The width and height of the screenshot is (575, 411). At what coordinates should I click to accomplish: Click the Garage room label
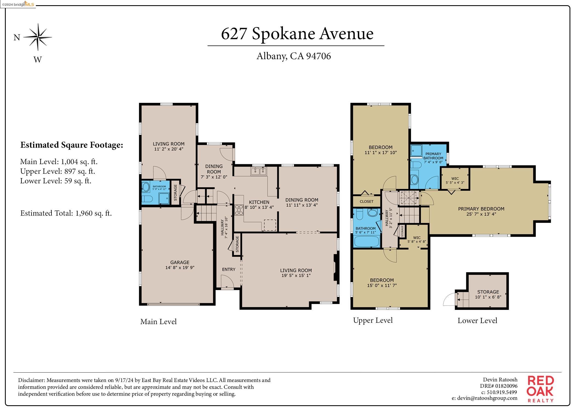pos(180,265)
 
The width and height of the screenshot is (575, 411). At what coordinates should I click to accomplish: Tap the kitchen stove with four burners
pos(239,210)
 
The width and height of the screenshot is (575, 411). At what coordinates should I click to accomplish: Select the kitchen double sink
pos(258,172)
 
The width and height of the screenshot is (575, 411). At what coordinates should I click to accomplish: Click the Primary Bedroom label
pos(481,211)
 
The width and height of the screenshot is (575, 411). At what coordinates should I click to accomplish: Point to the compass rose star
pos(38,37)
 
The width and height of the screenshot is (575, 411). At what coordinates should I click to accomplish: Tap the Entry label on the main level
pos(229,269)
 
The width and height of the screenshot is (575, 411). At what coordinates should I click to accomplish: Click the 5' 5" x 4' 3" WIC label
pos(455,181)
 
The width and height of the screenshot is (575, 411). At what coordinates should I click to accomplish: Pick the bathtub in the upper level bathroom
pos(367,241)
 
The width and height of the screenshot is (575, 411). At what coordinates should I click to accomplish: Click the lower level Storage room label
pos(488,294)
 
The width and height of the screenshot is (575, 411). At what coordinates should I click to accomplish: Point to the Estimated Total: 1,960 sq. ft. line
pos(66,213)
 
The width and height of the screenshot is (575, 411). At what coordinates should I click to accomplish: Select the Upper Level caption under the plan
pos(373,320)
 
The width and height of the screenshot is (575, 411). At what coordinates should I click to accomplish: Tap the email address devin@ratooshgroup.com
pos(484,398)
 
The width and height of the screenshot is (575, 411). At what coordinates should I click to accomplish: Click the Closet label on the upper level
pos(366,201)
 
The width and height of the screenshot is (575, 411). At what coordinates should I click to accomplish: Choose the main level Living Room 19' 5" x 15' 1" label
pos(296,273)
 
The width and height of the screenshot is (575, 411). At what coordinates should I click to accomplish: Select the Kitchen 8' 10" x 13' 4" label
pos(259,205)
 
